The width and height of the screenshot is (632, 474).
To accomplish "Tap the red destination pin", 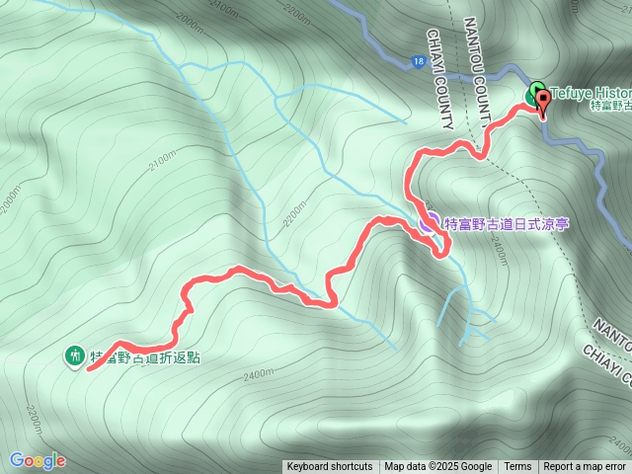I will [x=541, y=101].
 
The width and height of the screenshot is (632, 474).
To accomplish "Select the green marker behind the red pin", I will [x=533, y=94].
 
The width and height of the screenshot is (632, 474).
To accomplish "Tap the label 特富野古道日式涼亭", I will [x=507, y=224].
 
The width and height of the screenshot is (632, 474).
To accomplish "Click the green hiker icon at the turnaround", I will [x=74, y=355].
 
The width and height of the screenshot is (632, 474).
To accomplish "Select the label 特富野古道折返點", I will [x=145, y=356].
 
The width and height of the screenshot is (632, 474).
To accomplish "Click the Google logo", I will [x=38, y=460].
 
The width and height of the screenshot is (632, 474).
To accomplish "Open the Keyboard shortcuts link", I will [x=330, y=467].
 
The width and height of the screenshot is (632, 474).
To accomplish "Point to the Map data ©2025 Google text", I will [x=437, y=467].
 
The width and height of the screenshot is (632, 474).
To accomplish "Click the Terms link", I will [x=517, y=467].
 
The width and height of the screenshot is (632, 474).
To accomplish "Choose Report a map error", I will [x=585, y=467].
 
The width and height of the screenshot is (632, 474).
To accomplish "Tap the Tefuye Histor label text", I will [x=591, y=93].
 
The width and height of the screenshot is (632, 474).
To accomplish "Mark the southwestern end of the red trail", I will [x=90, y=369].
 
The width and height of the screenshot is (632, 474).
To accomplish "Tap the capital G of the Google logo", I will [x=17, y=460].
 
